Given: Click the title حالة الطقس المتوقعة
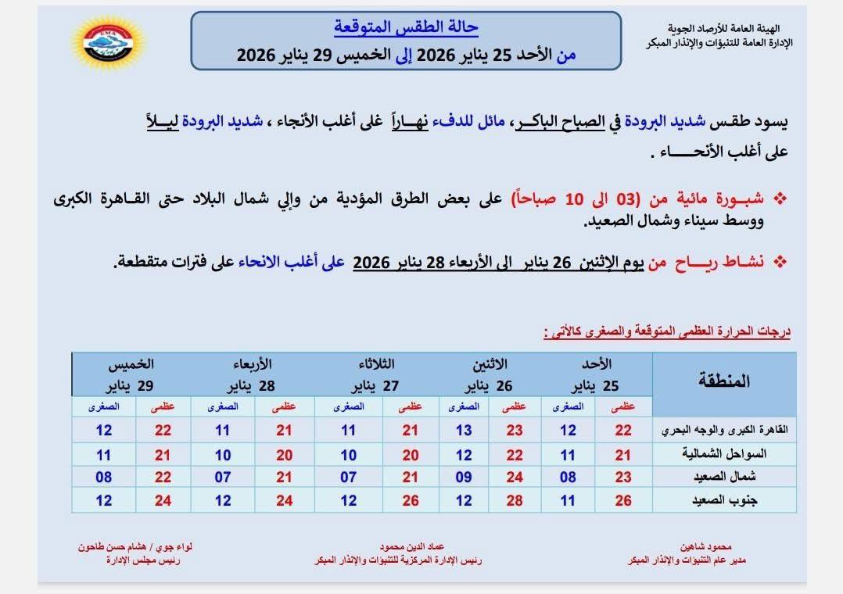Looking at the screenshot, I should pyautogui.click(x=406, y=27).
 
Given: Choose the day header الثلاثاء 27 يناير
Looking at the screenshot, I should pyautogui.click(x=375, y=374).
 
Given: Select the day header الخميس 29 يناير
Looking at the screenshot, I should pyautogui.click(x=134, y=374).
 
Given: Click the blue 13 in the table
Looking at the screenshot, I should pyautogui.click(x=464, y=431).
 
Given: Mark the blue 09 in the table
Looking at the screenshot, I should pyautogui.click(x=464, y=478).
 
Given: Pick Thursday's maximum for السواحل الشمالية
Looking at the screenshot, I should pyautogui.click(x=163, y=454).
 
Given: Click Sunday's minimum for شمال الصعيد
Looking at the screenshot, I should pyautogui.click(x=568, y=478).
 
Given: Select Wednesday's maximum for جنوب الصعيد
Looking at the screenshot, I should pyautogui.click(x=284, y=501).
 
